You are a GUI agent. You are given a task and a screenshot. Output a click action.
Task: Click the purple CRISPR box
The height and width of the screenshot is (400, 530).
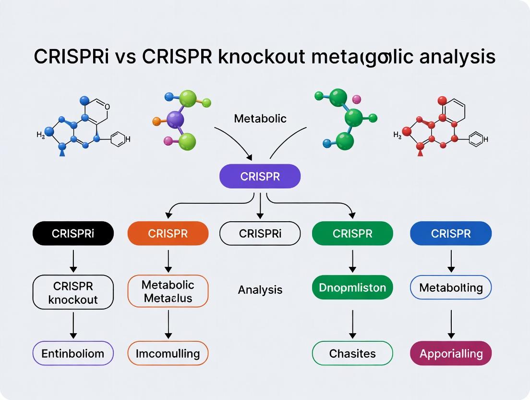260,176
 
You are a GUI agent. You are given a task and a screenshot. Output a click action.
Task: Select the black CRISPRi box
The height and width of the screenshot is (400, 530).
73,234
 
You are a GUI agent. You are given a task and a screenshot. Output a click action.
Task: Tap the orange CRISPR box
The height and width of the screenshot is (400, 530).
168,234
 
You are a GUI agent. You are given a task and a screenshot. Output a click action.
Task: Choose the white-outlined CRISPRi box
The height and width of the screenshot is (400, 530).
260,234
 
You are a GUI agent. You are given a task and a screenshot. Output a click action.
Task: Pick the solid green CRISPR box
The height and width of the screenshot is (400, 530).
352,234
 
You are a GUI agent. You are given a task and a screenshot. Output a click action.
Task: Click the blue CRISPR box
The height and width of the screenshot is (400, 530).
451,234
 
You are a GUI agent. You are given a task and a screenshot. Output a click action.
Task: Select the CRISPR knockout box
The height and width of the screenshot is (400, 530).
73,292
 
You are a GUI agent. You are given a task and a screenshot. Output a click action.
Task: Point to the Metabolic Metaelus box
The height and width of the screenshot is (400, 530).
168,291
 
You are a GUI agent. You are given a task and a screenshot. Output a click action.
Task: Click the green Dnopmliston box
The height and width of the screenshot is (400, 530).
352,287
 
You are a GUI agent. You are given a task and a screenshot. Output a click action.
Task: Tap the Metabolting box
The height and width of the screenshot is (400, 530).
451,287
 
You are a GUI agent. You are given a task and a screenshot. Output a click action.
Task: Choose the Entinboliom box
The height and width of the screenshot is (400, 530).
73,353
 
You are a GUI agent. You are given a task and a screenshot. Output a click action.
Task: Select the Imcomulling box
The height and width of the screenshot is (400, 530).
168,353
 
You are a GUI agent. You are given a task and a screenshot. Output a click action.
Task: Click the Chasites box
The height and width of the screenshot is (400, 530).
352,353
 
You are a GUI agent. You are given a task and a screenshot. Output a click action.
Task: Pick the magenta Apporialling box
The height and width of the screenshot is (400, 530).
451,353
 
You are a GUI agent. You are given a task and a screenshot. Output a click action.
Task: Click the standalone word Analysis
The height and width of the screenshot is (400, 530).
260,289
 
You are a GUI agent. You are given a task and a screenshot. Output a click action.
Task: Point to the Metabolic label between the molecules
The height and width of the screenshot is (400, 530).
260,118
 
